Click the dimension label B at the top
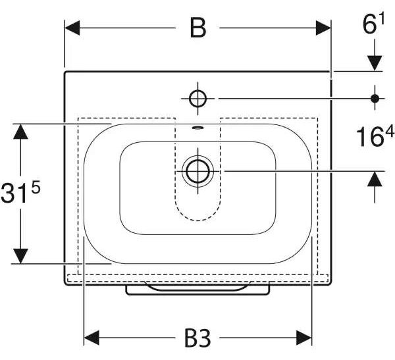[198, 28]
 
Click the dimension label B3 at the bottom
[197, 338]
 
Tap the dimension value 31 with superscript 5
[20, 192]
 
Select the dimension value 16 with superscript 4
[375, 136]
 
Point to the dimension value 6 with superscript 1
[373, 24]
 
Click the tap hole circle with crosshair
[197, 99]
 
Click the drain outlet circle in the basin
[197, 171]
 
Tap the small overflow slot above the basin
[197, 128]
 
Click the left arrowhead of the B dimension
[72, 28]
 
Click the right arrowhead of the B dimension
[323, 28]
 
